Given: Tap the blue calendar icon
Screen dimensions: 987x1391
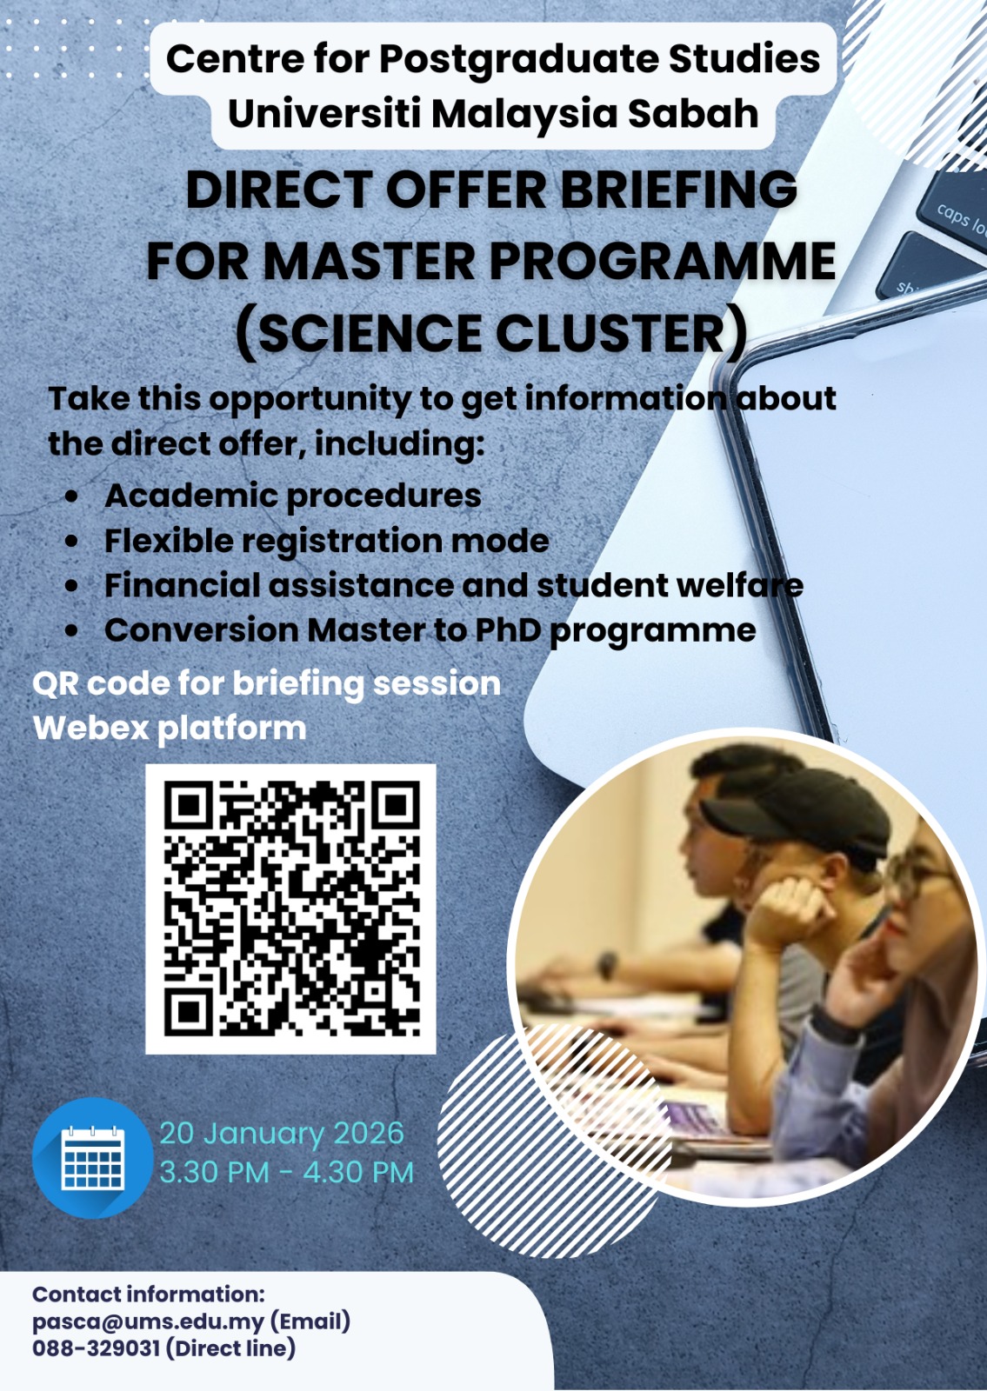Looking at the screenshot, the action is coord(92,1157).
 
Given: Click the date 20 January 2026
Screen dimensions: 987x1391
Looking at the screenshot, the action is coord(282,1134).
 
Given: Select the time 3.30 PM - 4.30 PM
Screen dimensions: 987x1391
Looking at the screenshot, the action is coord(286,1173).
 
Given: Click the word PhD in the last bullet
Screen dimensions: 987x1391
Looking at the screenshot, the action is coord(512,630).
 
